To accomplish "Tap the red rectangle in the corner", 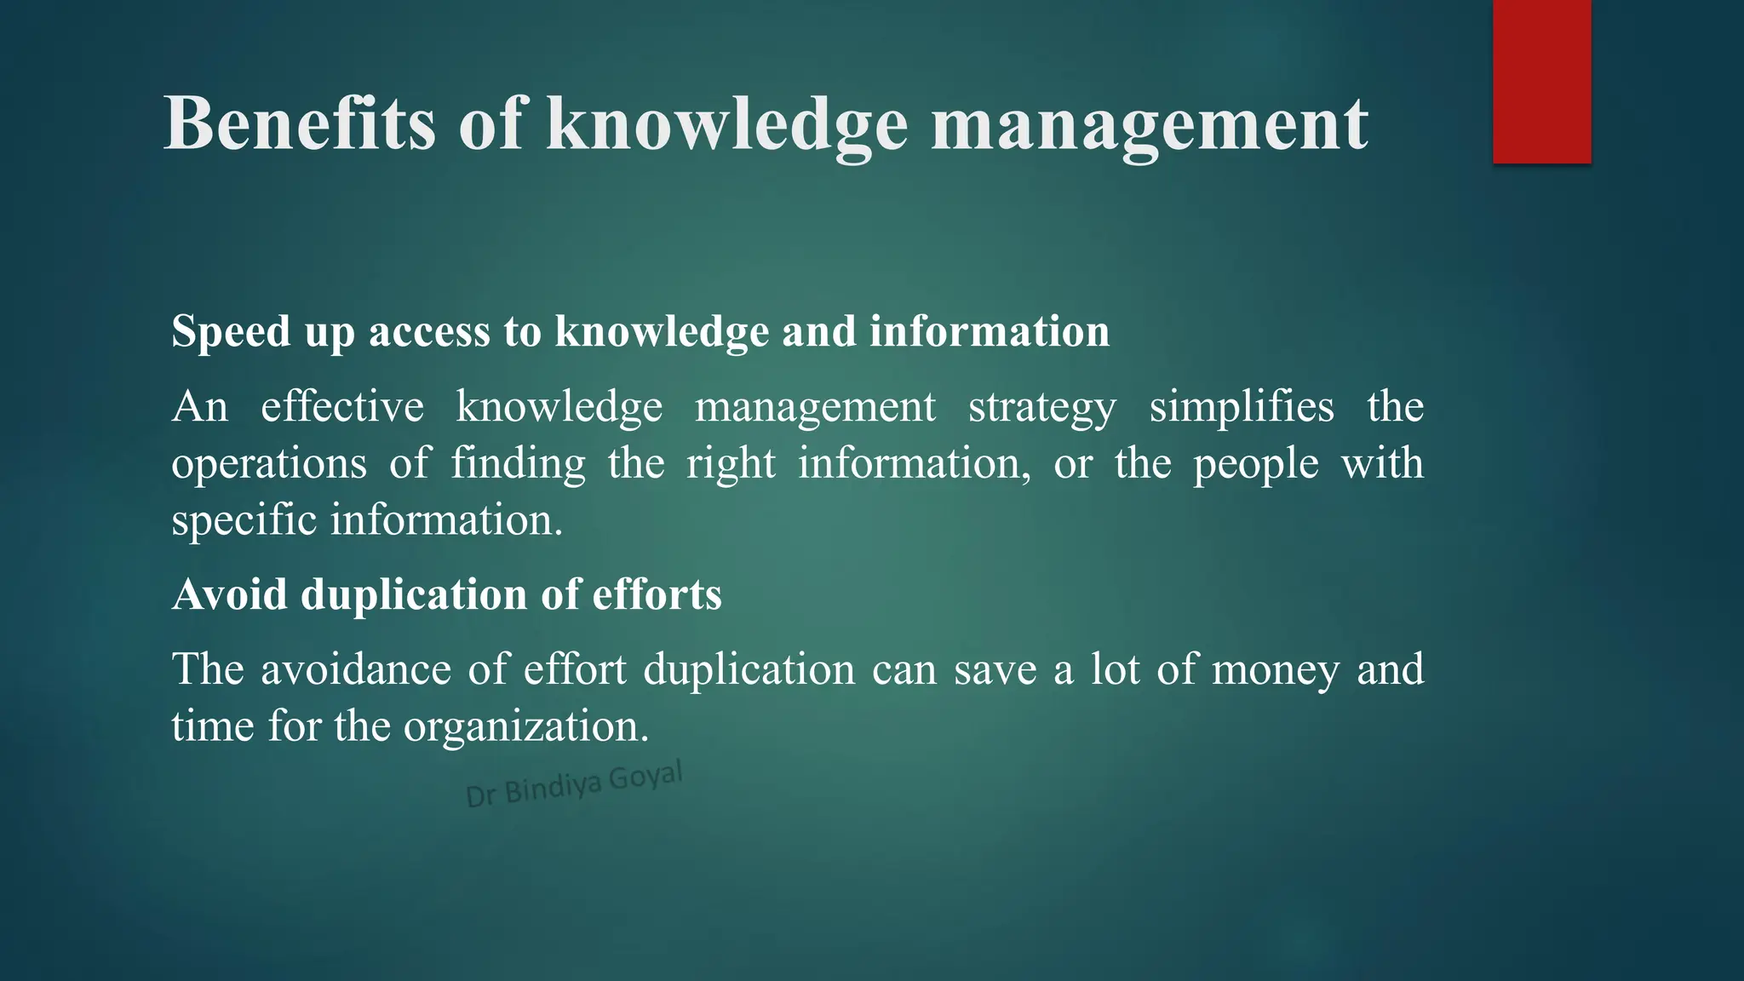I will (x=1541, y=81).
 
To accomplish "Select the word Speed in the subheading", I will (x=230, y=331).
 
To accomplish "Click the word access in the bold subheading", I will (x=429, y=331).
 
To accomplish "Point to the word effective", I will (x=342, y=407).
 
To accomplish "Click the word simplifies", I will (x=1242, y=407).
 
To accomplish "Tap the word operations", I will (x=269, y=465).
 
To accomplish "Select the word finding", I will (x=518, y=465).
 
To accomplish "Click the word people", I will (x=1255, y=465).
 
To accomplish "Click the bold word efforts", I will (x=657, y=594).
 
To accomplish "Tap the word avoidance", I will (x=356, y=669).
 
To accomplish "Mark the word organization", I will (x=526, y=726).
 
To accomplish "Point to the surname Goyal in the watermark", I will (x=646, y=776).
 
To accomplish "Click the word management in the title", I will (x=1149, y=126).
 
